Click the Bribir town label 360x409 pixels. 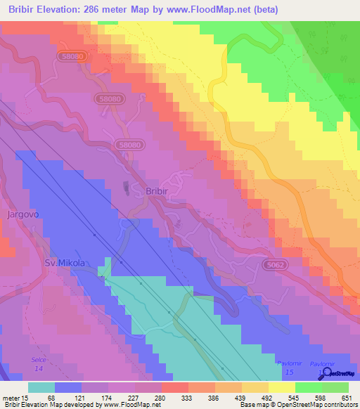tap(157, 191)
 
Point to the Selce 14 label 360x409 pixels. tap(38, 363)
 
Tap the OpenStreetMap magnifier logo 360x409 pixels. tap(324, 373)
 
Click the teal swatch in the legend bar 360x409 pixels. tap(41, 387)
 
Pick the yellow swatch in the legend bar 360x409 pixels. tap(281, 387)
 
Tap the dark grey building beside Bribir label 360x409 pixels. tap(126, 188)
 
